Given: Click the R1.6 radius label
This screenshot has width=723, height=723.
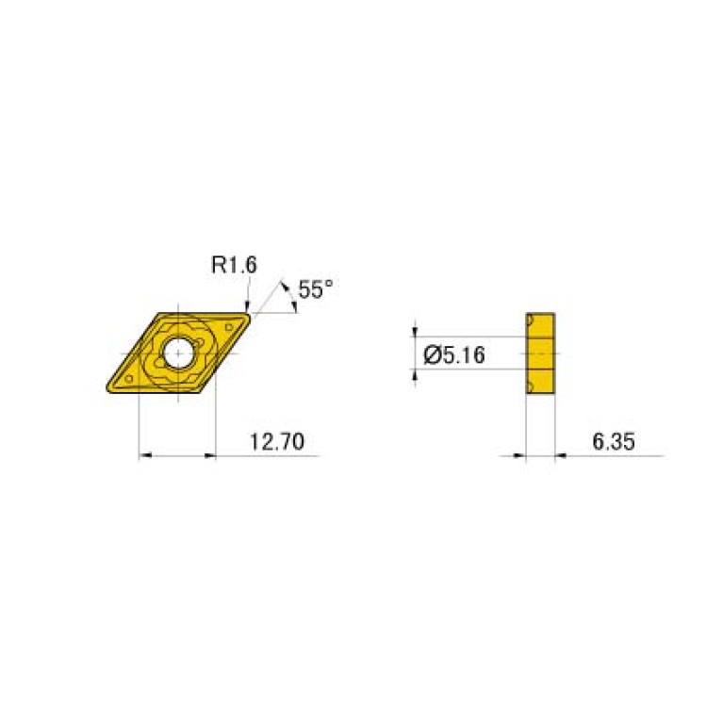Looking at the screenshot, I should click(x=233, y=267).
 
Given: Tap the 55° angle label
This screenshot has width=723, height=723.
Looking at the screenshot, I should click(x=315, y=289).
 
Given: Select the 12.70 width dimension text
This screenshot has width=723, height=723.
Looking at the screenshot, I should click(x=276, y=441).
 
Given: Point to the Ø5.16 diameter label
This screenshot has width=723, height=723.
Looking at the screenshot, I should click(x=456, y=355).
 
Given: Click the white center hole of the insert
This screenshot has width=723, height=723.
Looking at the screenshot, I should click(x=177, y=353).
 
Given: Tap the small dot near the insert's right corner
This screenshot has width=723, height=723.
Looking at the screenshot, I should click(x=229, y=326).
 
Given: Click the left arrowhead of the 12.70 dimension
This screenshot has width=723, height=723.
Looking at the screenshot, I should click(x=144, y=456).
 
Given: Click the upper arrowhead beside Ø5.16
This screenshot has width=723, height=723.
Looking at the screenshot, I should click(x=417, y=330).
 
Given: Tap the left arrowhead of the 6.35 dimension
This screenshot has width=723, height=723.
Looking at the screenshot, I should click(x=519, y=456).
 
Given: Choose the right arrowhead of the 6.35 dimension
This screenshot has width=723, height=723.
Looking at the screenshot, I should click(x=560, y=456).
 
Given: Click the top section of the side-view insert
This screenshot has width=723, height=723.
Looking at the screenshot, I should click(x=541, y=324).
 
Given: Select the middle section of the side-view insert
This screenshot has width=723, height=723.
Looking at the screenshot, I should click(x=541, y=353).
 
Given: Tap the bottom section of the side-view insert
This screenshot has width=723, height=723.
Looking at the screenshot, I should click(x=541, y=383).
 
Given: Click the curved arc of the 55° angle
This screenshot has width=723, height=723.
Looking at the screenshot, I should click(x=289, y=294).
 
